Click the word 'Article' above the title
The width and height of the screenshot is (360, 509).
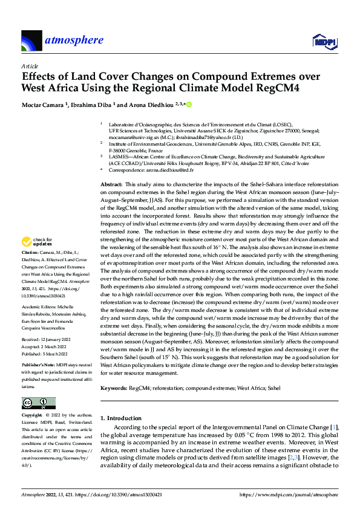pyautogui.click(x=30, y=66)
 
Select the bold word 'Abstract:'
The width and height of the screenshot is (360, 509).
pyautogui.click(x=111, y=183)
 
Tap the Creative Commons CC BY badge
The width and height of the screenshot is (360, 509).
pyautogui.click(x=38, y=403)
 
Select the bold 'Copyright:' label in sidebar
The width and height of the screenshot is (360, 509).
pyautogui.click(x=33, y=417)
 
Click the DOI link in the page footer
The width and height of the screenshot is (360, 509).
pyautogui.click(x=126, y=494)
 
